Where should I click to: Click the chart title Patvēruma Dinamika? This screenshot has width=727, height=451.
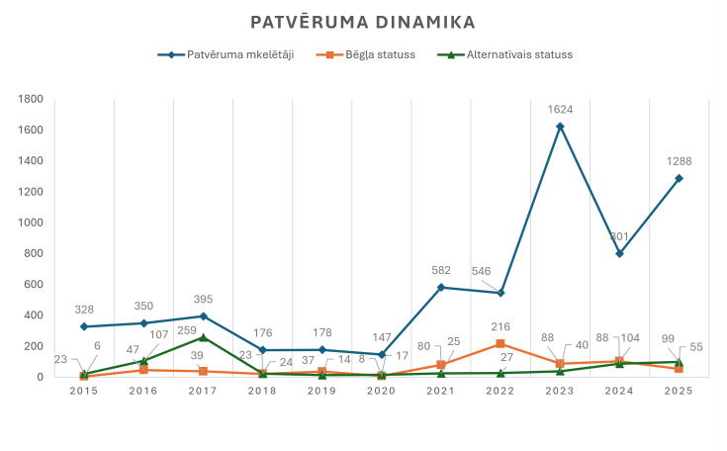point(363,22)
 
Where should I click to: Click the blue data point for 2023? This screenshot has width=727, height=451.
point(560,126)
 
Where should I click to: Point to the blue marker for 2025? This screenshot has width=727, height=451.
point(679,178)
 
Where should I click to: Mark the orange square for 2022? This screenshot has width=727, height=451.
point(500,343)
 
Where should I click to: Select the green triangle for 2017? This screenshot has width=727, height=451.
point(203,337)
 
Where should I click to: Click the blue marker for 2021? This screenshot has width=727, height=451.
point(441,288)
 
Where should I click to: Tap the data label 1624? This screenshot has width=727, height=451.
point(560,110)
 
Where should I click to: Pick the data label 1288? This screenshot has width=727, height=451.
point(679,161)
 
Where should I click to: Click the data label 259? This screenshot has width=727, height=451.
point(187,330)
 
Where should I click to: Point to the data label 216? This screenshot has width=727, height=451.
point(500,326)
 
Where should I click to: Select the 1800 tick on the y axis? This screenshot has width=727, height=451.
point(30,99)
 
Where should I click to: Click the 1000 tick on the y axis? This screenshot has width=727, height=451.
point(30,223)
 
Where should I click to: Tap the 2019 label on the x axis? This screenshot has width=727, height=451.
point(321,391)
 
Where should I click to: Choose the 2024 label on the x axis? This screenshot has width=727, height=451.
point(619,391)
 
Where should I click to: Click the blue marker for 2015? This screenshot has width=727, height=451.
point(84,326)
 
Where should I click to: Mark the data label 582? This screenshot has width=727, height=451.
point(441,270)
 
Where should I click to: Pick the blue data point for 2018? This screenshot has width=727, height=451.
point(262,350)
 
